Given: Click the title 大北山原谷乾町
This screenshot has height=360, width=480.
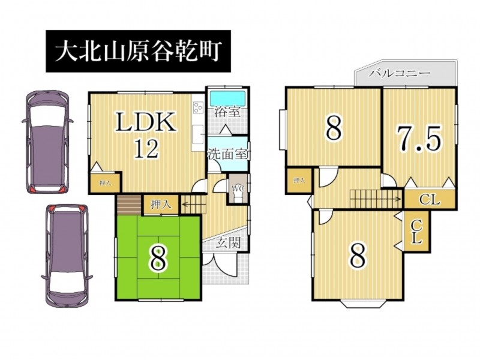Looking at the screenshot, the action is pyautogui.click(x=138, y=51).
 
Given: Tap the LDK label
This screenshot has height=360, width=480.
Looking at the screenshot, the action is pyautogui.click(x=146, y=122).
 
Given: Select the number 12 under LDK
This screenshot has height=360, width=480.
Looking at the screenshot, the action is pyautogui.click(x=146, y=149).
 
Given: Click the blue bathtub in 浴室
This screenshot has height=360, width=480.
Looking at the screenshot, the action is pyautogui.click(x=228, y=98).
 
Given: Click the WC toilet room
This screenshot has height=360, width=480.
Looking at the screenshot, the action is pyautogui.click(x=238, y=188).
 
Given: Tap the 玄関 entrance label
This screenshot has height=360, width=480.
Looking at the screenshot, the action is pyautogui.click(x=229, y=243).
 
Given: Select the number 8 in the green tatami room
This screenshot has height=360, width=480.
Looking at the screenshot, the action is pyautogui.click(x=158, y=259).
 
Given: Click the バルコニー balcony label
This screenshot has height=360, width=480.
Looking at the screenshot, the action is pyautogui.click(x=400, y=73).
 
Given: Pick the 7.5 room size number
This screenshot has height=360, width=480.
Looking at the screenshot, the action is pyautogui.click(x=419, y=139).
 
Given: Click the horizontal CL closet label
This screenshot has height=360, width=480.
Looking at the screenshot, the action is pyautogui.click(x=430, y=200).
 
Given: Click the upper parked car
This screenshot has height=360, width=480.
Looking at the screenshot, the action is pyautogui.click(x=47, y=142).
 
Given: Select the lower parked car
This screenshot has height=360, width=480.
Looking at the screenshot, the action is pyautogui.click(x=67, y=256).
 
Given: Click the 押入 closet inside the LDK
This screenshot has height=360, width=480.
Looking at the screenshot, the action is pyautogui.click(x=105, y=183).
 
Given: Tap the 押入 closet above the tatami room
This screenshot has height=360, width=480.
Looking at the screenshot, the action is pyautogui.click(x=161, y=205).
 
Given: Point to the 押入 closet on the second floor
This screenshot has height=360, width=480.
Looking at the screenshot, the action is pyautogui.click(x=299, y=181).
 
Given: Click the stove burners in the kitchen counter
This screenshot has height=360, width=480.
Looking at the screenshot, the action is pyautogui.click(x=198, y=107).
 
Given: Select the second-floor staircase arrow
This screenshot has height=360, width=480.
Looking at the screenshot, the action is pyautogui.click(x=376, y=199).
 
